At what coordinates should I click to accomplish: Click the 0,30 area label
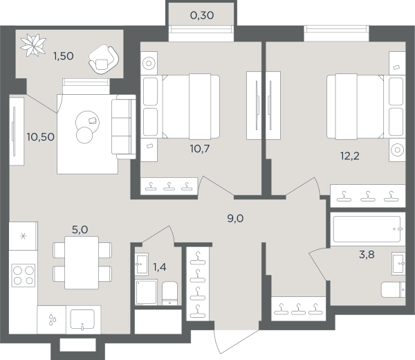click(202, 15)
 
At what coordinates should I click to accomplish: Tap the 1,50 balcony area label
click(63, 56)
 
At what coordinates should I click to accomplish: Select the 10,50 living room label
click(41, 137)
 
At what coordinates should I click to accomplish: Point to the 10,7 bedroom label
click(200, 149)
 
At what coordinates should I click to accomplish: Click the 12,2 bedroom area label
click(349, 156)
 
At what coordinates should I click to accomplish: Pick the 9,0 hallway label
click(235, 219)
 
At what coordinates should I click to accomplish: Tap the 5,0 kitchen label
click(80, 230)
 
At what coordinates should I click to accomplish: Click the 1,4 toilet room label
click(160, 267)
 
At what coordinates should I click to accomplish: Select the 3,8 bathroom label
click(367, 255)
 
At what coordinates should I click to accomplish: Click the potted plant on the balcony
click(34, 45)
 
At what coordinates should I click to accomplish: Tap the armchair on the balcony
click(104, 60)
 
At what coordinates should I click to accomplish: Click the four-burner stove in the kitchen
click(24, 276)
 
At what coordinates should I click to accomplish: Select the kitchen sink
click(82, 319)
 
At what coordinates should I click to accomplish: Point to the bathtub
click(367, 229)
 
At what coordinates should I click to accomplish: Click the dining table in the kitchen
click(82, 262)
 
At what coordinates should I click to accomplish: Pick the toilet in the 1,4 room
click(169, 294)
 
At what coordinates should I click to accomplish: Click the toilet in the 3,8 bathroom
click(393, 290)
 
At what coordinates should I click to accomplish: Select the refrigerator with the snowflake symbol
click(24, 236)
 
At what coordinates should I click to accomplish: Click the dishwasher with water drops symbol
click(52, 320)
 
